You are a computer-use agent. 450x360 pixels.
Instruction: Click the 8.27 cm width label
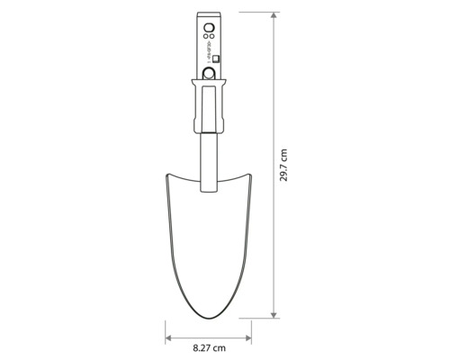point(209,346)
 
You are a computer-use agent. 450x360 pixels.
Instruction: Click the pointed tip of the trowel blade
point(209,318)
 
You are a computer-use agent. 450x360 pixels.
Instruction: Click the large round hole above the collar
point(209,75)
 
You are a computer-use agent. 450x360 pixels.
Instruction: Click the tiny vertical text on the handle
point(207,46)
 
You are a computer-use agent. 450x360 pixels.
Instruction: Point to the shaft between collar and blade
point(209,148)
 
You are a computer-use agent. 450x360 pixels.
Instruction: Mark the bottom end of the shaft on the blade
point(209,192)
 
